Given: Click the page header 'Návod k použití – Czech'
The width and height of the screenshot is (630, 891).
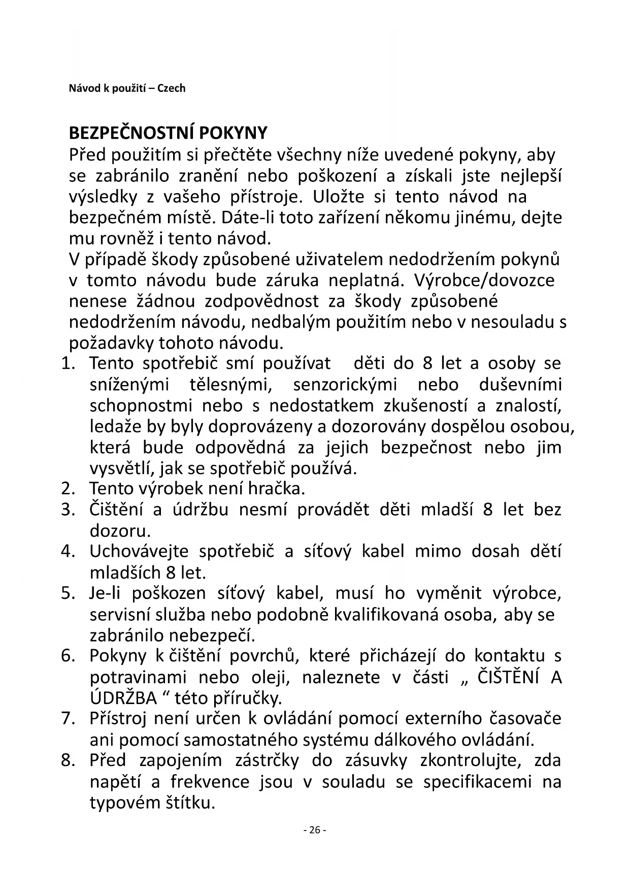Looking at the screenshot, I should tap(127, 88).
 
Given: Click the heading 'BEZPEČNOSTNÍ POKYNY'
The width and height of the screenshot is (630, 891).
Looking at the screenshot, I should tap(168, 133).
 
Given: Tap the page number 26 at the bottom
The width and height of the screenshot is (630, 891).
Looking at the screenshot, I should tap(315, 830).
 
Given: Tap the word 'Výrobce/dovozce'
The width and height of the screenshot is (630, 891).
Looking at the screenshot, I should tap(484, 280).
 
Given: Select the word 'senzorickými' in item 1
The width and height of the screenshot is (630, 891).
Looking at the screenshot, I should tap(345, 385).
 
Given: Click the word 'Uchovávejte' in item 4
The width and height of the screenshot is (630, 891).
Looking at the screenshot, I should tap(139, 552).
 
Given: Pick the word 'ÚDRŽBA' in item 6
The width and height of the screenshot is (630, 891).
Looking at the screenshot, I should tap(123, 698).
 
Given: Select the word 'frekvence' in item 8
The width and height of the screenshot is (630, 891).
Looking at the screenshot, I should tap(209, 782).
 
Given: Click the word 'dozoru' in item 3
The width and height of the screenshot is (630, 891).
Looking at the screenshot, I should tap(120, 531).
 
